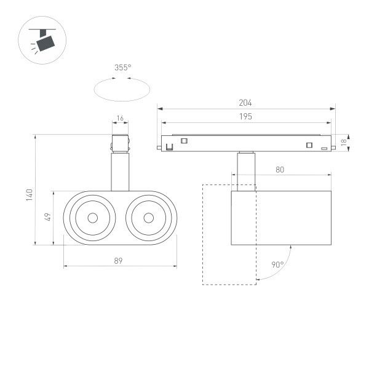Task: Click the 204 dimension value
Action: [x=245, y=103]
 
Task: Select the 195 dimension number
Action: [x=245, y=116]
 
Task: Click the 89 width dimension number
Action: [x=118, y=261]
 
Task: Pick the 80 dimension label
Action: [x=279, y=170]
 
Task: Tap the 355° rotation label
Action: [x=122, y=68]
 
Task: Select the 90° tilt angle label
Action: [x=277, y=265]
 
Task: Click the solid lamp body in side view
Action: [x=282, y=218]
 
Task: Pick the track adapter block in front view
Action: [x=120, y=142]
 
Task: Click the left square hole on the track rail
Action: [x=183, y=141]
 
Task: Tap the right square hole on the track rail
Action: [x=309, y=145]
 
